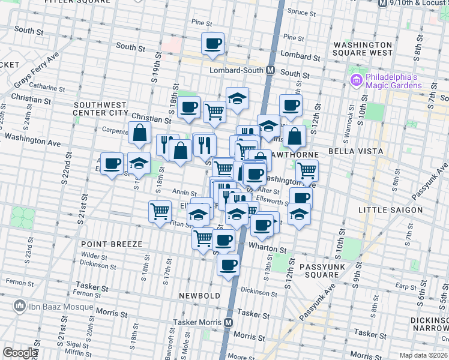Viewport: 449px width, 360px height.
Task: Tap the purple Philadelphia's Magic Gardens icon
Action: [x=356, y=80]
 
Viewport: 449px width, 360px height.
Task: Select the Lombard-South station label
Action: [x=237, y=70]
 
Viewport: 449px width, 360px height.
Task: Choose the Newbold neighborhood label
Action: [x=196, y=296]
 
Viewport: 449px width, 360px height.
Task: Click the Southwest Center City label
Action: [x=101, y=108]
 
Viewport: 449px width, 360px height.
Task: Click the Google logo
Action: [x=20, y=353]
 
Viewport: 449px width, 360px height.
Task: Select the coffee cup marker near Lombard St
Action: [x=213, y=44]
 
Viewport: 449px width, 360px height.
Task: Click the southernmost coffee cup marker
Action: [x=228, y=265]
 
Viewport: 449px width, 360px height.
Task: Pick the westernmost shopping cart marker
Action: [x=160, y=211]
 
